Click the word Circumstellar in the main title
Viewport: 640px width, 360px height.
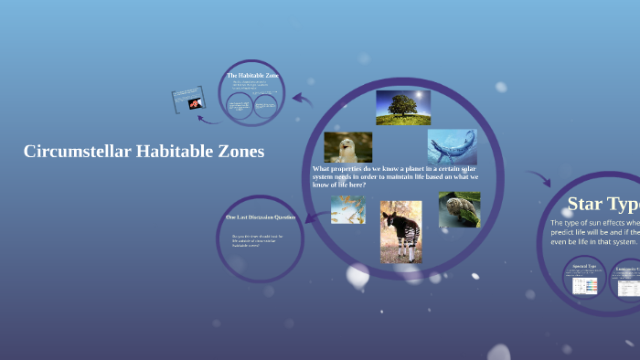(76, 152)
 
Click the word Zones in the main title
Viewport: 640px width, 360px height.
(236, 152)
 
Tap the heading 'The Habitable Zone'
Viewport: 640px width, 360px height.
(252, 75)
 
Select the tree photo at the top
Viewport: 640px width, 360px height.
(402, 107)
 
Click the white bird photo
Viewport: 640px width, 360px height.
(347, 147)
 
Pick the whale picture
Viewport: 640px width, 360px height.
(452, 146)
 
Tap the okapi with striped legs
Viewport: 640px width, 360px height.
(400, 231)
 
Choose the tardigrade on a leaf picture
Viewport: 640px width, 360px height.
(459, 209)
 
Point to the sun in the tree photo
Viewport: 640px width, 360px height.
(419, 95)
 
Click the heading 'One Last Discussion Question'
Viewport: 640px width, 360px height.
(261, 217)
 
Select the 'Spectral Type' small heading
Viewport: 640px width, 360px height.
(583, 267)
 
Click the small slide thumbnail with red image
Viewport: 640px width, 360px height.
(187, 101)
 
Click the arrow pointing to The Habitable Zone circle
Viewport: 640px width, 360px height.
(303, 100)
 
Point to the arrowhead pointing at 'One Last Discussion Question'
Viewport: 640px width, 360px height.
(308, 217)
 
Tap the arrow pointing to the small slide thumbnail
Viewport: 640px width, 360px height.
(209, 118)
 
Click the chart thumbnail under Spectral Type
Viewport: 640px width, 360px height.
(584, 284)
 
